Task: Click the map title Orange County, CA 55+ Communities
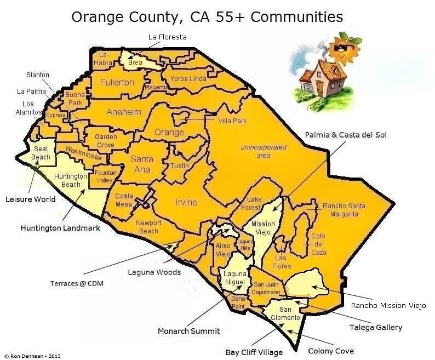[207, 16]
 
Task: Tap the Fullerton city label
[117, 82]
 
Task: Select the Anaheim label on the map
[124, 112]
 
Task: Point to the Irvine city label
[186, 202]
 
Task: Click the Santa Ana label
[142, 164]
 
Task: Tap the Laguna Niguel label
[234, 277]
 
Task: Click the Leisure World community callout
[31, 199]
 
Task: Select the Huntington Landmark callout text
[60, 228]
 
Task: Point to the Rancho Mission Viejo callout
[388, 305]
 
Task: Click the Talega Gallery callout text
[376, 328]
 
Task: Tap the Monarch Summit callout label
[189, 331]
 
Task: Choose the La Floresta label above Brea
[168, 37]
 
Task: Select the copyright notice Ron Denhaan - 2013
[32, 356]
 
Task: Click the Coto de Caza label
[318, 244]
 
